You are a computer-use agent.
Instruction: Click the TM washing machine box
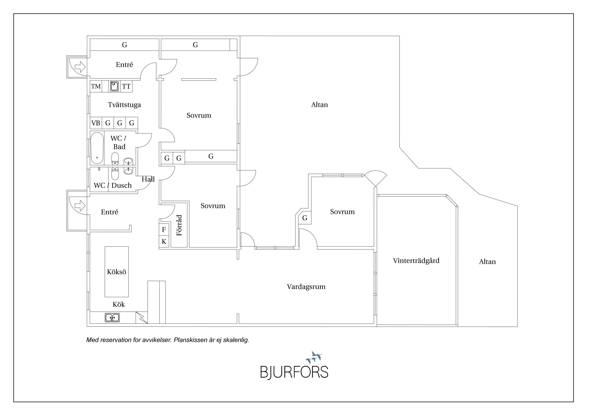click(x=96, y=87)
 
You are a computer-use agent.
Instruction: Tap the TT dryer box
click(x=126, y=87)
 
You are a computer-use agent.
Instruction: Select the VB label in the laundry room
click(x=96, y=123)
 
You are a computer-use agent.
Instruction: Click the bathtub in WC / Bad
click(x=97, y=148)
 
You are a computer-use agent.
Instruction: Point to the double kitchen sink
click(x=112, y=318)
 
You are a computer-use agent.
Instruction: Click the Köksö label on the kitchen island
click(x=116, y=272)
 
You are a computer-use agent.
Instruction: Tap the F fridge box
click(x=164, y=229)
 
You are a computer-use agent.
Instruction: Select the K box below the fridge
click(x=164, y=242)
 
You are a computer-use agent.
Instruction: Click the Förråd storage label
click(x=179, y=225)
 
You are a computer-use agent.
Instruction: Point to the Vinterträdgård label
click(x=416, y=261)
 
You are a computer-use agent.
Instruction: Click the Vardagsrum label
click(x=306, y=287)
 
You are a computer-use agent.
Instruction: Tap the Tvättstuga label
click(x=124, y=105)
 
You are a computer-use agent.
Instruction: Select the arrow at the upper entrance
click(x=80, y=67)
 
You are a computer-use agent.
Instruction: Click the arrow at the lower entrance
click(x=80, y=205)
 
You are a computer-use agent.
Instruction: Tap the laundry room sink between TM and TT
click(x=115, y=86)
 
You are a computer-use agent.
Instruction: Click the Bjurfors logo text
click(x=294, y=372)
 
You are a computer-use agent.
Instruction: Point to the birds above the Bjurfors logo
click(x=315, y=357)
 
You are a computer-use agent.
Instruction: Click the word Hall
click(x=148, y=179)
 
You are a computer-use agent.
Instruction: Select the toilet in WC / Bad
click(x=115, y=159)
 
